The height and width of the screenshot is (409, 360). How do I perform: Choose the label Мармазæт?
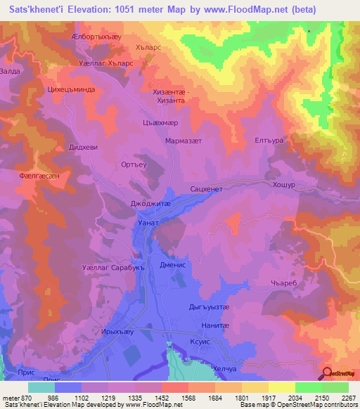pos(183,141)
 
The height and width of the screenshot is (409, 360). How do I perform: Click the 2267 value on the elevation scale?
pos(347,398)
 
